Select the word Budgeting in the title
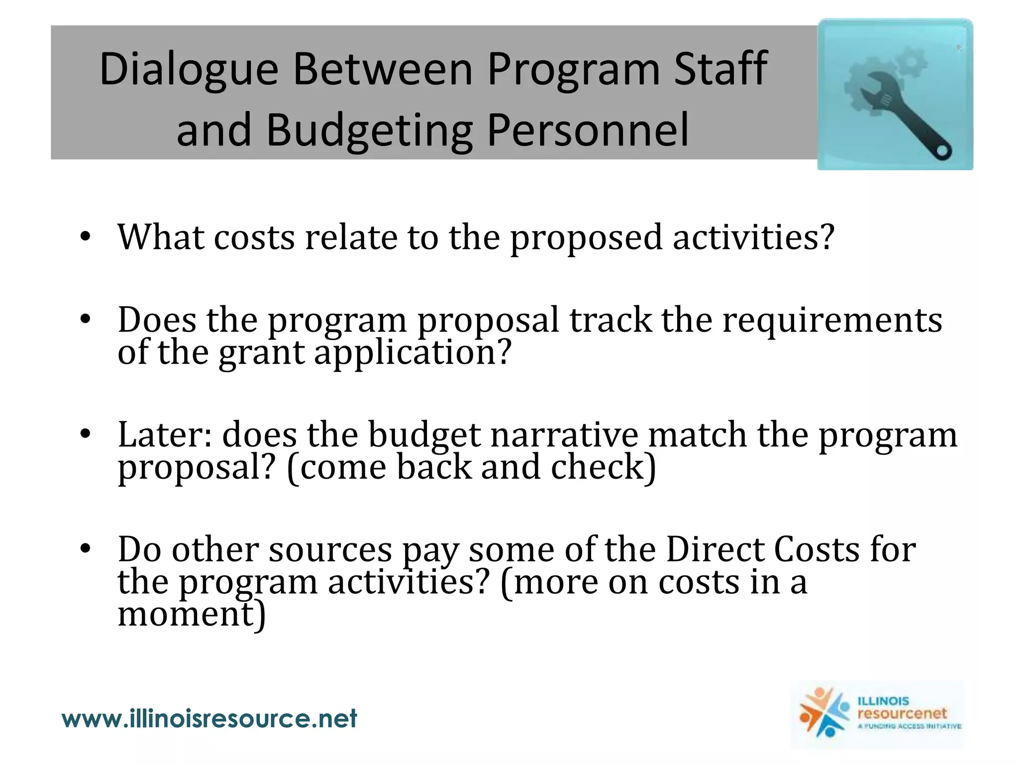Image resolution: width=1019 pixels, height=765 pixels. pos(369,130)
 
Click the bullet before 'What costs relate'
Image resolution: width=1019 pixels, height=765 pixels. pos(85,237)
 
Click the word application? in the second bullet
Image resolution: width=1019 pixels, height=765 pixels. pos(412,353)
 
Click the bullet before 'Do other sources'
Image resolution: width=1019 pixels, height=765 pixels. pos(85,549)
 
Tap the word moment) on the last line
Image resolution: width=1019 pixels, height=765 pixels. pos(192,614)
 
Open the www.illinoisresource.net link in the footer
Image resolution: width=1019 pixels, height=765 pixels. pos(209,719)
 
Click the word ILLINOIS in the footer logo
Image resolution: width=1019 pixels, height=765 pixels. pos(883,701)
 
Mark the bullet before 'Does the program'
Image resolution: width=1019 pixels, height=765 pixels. pos(85,319)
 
